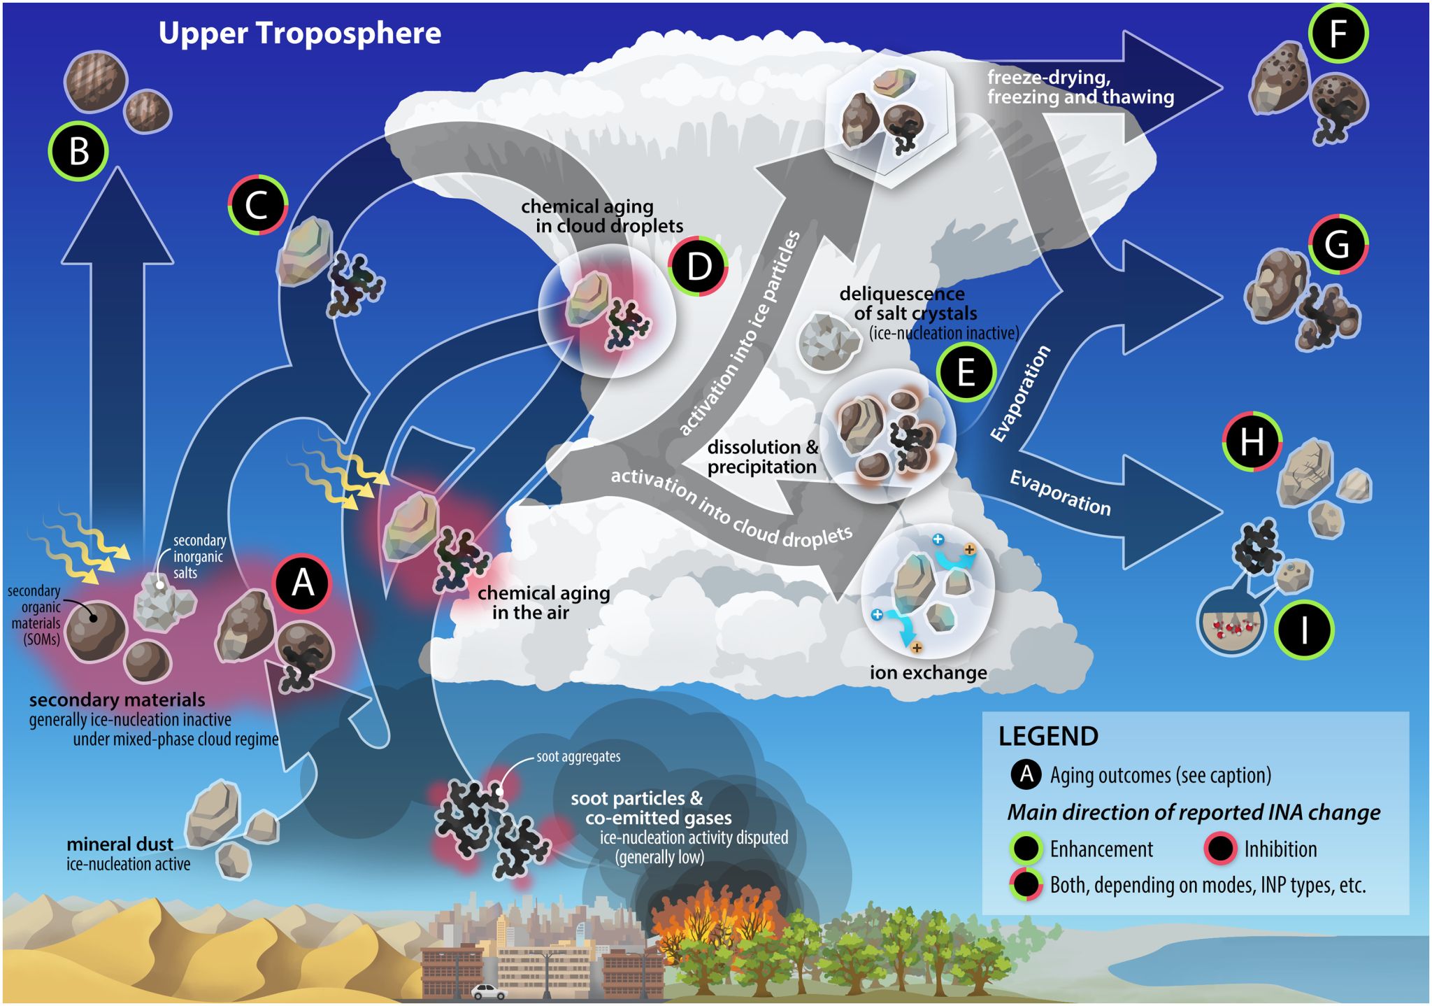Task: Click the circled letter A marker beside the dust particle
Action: (302, 583)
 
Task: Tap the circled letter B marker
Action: (78, 151)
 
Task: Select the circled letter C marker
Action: (257, 205)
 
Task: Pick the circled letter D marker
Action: (698, 267)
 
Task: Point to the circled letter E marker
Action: (966, 371)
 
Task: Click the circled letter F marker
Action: (1338, 34)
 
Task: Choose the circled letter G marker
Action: (1337, 244)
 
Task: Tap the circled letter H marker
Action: (1252, 442)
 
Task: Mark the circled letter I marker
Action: (1303, 630)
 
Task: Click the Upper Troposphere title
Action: (299, 33)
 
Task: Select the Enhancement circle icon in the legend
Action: (1025, 849)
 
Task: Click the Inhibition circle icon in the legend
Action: (1220, 849)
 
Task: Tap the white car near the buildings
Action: (488, 991)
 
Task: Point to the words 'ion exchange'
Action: (928, 672)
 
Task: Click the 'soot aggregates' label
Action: (578, 756)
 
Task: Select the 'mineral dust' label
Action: (120, 844)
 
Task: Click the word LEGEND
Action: (1047, 736)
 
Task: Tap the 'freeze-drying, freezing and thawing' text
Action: (1080, 87)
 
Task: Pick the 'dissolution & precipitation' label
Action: (761, 457)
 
